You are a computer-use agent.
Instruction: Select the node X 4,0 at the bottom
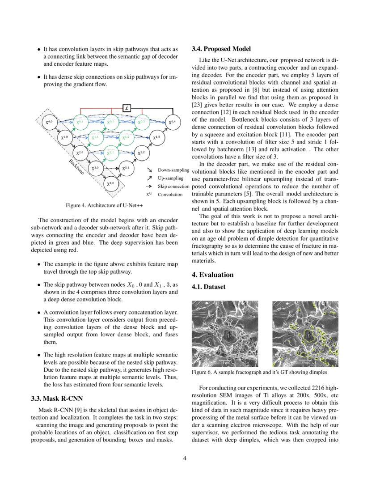point(110,183)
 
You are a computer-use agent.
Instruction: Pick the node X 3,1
point(126,168)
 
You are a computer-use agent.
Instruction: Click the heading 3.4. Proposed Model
point(221,49)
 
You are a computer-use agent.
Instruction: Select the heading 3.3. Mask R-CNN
point(57,398)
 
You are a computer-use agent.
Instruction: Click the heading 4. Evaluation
point(213,275)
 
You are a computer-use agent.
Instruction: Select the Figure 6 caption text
point(259,372)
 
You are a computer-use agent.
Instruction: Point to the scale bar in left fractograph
point(225,361)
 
